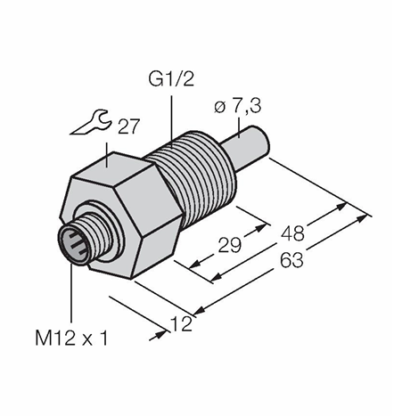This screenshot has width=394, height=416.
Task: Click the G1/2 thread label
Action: pyautogui.click(x=171, y=79)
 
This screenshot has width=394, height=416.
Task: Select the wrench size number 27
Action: pyautogui.click(x=128, y=126)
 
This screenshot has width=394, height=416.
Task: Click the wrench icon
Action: pyautogui.click(x=91, y=122)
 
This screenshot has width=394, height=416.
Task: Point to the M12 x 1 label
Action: pyautogui.click(x=71, y=339)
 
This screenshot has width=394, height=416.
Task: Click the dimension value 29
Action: pyautogui.click(x=229, y=245)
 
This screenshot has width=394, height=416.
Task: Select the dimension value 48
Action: pyautogui.click(x=293, y=233)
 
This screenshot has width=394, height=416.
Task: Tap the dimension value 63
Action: pyautogui.click(x=292, y=260)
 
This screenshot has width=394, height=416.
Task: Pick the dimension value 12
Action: pyautogui.click(x=181, y=323)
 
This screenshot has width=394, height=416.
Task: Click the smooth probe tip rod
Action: pyautogui.click(x=246, y=146)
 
